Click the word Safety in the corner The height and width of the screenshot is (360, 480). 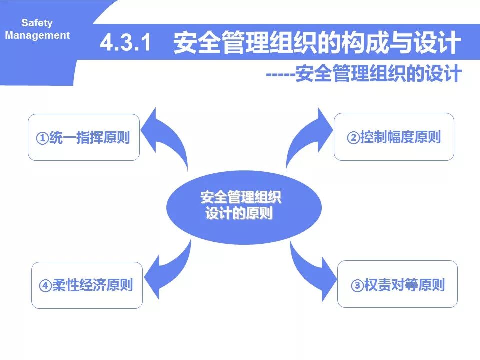pos(37,23)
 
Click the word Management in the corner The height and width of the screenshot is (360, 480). pos(38,36)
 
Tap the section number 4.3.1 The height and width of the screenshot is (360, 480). pos(125,43)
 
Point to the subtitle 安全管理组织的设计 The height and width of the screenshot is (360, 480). pos(378,74)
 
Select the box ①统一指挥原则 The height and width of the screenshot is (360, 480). pos(83,137)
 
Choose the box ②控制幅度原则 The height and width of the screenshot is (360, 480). pos(394,137)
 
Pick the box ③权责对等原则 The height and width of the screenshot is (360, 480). pos(397,285)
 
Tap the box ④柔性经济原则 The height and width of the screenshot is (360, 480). pos(87,285)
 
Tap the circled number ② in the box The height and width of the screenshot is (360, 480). pos(353,138)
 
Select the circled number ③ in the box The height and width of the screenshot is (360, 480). pos(357,286)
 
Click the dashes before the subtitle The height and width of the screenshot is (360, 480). pos(280,75)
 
